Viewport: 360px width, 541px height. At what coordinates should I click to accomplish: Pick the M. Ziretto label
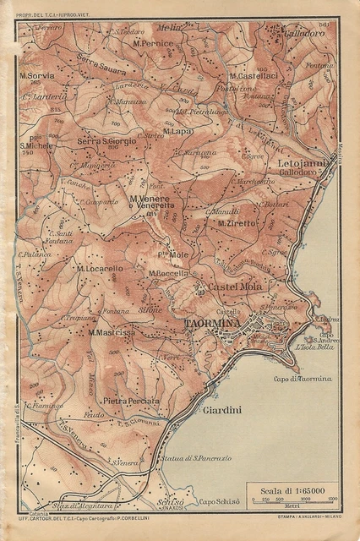(237, 223)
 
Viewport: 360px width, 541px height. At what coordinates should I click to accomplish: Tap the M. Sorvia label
(38, 74)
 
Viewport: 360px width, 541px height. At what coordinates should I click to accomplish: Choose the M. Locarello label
(100, 268)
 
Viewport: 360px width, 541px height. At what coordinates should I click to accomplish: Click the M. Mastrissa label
(112, 332)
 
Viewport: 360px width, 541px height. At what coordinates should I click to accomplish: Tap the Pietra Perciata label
(131, 400)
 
